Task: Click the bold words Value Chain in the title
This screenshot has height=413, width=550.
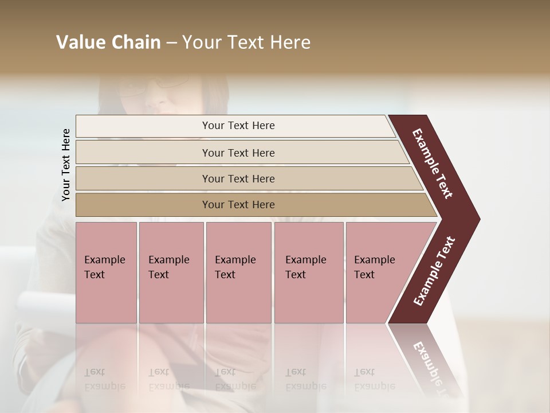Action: point(108,42)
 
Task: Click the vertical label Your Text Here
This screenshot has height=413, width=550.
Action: point(66,165)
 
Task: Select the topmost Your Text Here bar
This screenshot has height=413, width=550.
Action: point(238,126)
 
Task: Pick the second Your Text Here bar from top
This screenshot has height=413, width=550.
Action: point(238,153)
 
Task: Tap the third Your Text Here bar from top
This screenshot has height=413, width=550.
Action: point(238,178)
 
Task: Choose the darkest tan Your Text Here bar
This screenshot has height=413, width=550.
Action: point(238,205)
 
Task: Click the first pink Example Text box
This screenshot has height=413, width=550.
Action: point(106,272)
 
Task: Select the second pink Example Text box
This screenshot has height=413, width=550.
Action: point(171,272)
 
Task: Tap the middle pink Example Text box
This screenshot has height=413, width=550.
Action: point(238,272)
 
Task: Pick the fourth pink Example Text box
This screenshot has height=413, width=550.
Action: point(308,272)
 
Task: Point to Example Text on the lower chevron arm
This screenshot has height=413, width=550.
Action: point(434,271)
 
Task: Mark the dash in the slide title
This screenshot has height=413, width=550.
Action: point(171,42)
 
